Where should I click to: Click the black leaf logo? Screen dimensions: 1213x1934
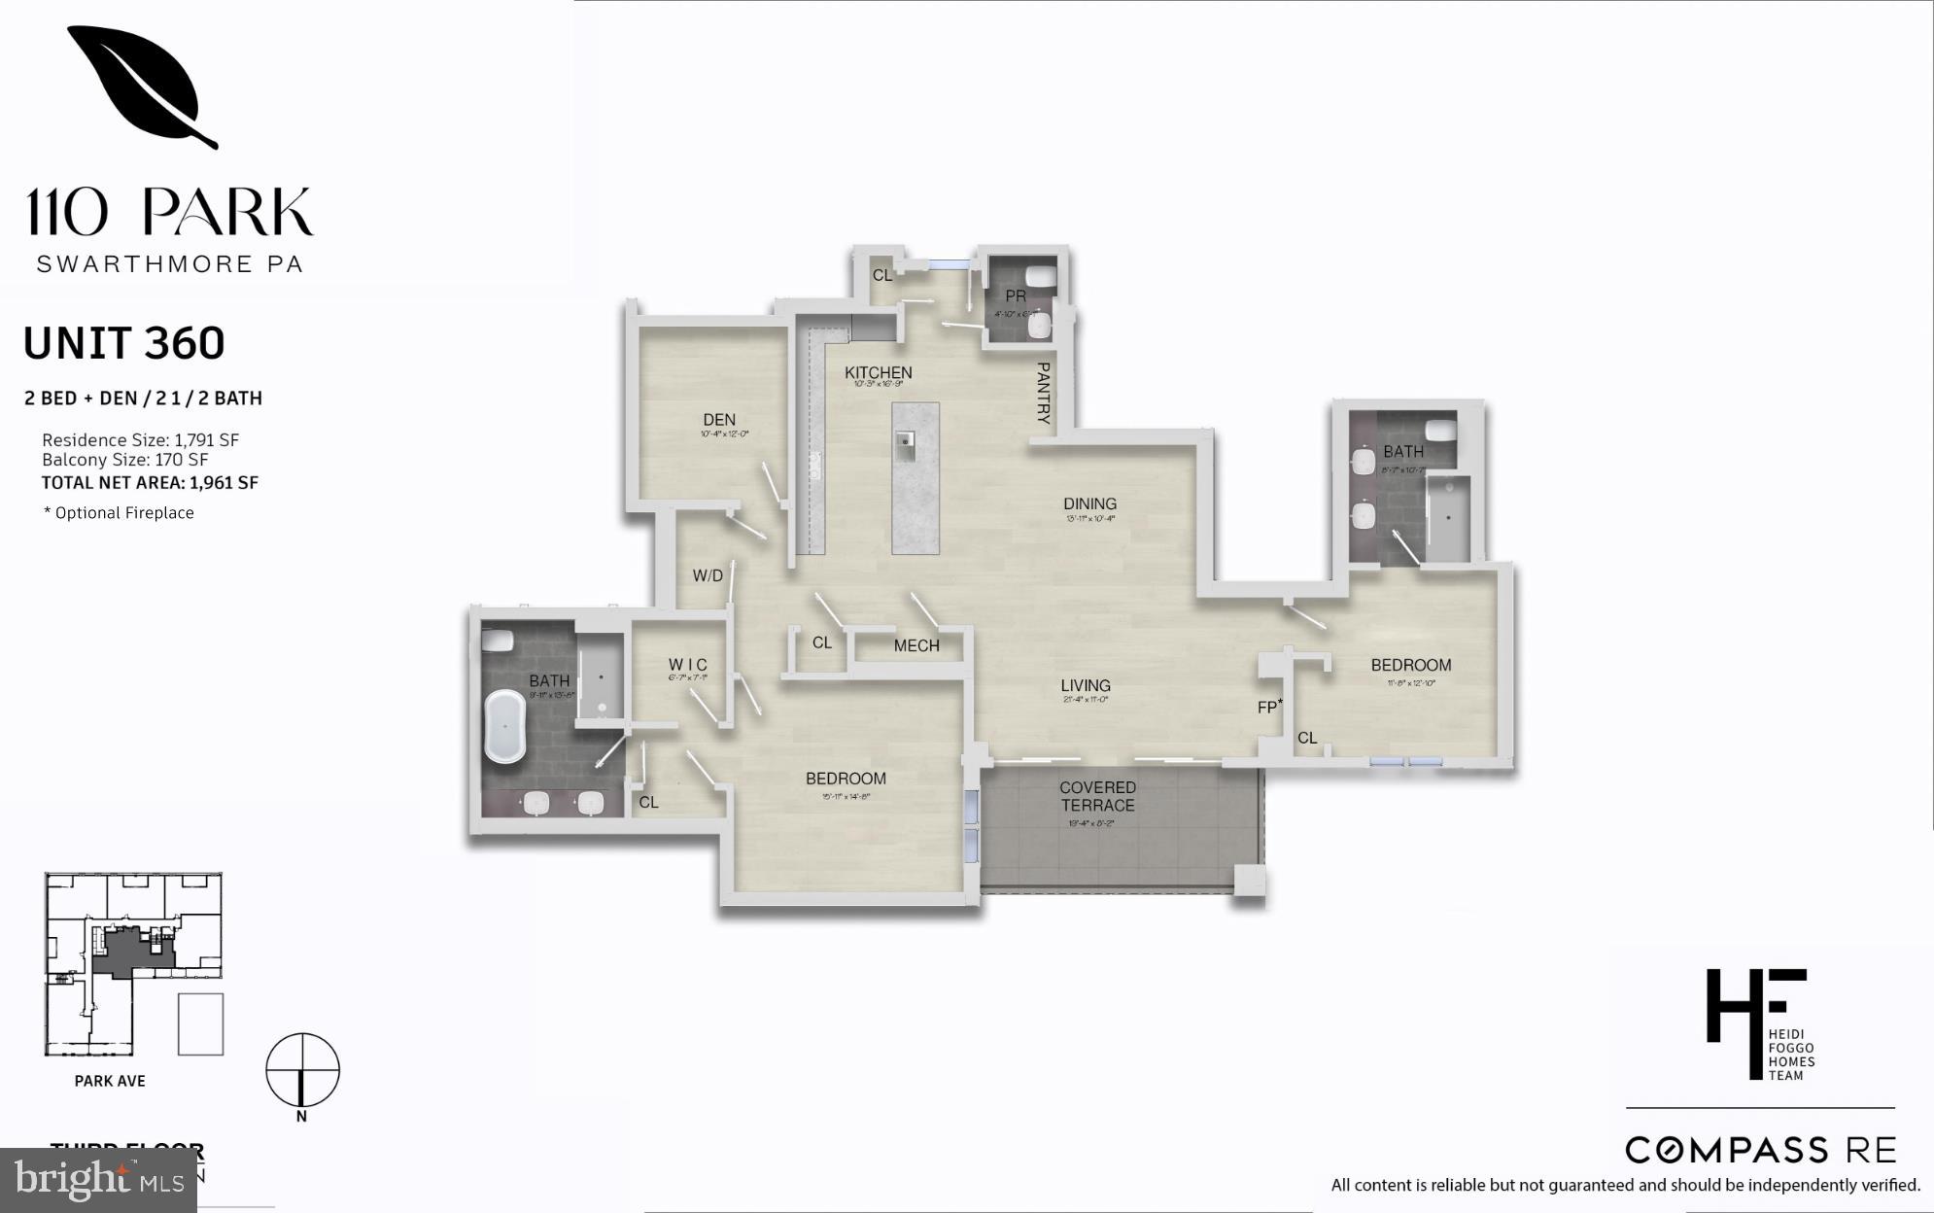click(142, 87)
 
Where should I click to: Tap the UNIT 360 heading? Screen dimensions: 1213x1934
click(123, 343)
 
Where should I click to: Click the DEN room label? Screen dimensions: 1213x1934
click(719, 420)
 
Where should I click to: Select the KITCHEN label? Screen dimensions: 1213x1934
click(878, 372)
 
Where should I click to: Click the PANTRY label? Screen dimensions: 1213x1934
click(1043, 393)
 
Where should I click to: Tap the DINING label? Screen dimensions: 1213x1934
click(1089, 503)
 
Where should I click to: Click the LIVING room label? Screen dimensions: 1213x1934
click(1086, 685)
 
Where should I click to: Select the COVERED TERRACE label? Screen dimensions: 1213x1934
click(1097, 796)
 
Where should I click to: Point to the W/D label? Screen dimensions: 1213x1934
click(708, 575)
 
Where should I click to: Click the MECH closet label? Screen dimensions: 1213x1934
click(916, 645)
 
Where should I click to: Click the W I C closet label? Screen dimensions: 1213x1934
click(687, 665)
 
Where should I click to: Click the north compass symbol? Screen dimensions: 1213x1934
click(302, 1071)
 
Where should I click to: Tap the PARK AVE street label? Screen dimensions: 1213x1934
click(110, 1081)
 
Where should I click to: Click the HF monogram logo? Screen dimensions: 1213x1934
click(1755, 1022)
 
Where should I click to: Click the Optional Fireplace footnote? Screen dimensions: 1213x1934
click(120, 513)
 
